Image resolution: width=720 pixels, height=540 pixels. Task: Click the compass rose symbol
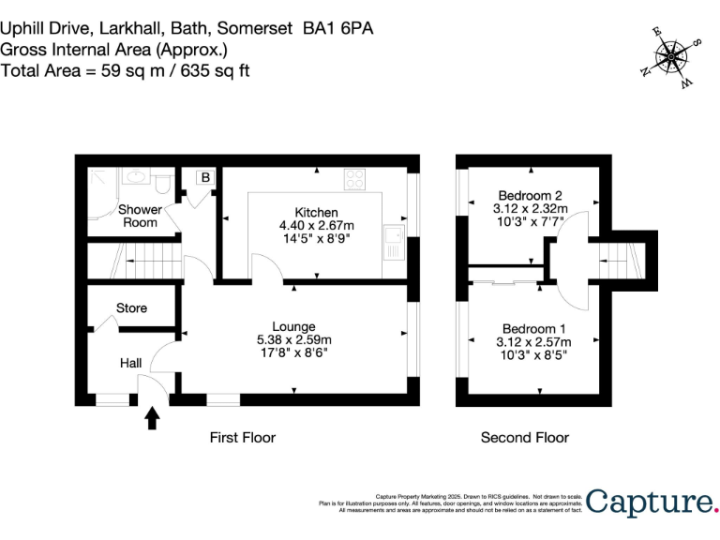click(x=671, y=57)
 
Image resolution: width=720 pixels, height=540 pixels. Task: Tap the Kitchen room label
click(x=316, y=213)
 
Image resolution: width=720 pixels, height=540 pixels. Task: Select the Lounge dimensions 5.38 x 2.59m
click(x=293, y=339)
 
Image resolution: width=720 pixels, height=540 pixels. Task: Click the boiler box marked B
click(x=204, y=177)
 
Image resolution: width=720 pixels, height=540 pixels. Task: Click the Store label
click(x=131, y=308)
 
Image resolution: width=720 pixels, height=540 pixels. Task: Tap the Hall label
click(x=130, y=363)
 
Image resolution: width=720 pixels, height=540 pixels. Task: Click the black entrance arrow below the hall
click(x=153, y=417)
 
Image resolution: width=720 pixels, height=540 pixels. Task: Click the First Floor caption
click(x=244, y=438)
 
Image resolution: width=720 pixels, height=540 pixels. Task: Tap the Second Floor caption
click(x=524, y=438)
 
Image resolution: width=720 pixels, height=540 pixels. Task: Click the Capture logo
click(x=652, y=502)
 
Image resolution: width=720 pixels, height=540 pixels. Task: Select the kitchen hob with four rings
click(x=355, y=177)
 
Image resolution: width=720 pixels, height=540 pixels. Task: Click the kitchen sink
click(x=394, y=246)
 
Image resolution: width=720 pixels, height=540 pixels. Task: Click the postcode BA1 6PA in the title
click(x=337, y=28)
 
